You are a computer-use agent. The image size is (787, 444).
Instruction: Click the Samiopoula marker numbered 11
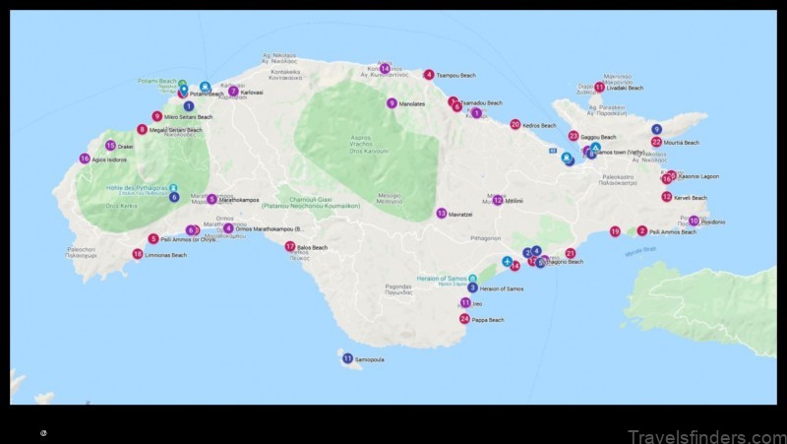pyautogui.click(x=347, y=358)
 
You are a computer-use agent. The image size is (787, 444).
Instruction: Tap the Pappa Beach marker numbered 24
pyautogui.click(x=464, y=319)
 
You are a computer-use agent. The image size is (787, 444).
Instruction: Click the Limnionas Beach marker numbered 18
pyautogui.click(x=138, y=254)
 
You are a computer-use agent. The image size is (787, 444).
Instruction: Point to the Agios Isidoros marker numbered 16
pyautogui.click(x=85, y=159)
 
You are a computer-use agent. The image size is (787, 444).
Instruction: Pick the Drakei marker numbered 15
pyautogui.click(x=110, y=146)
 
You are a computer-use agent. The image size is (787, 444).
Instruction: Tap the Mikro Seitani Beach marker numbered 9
pyautogui.click(x=156, y=116)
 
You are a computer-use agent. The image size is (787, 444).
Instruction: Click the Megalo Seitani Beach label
pyautogui.click(x=177, y=130)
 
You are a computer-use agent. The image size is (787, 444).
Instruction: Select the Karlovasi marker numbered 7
pyautogui.click(x=233, y=92)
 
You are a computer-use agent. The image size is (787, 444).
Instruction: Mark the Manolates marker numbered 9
pyautogui.click(x=392, y=103)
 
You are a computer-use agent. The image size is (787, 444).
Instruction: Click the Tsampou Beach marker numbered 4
pyautogui.click(x=429, y=74)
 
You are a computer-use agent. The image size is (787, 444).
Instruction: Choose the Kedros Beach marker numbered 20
pyautogui.click(x=515, y=124)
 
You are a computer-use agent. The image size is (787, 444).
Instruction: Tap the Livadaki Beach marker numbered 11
pyautogui.click(x=599, y=87)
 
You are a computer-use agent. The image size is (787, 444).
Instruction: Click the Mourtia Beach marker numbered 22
pyautogui.click(x=656, y=142)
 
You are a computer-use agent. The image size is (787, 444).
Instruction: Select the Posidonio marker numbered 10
pyautogui.click(x=694, y=222)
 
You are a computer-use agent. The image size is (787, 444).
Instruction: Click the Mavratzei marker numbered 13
pyautogui.click(x=442, y=213)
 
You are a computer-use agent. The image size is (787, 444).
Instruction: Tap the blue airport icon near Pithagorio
pyautogui.click(x=508, y=262)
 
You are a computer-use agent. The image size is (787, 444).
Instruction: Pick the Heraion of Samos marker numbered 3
pyautogui.click(x=472, y=287)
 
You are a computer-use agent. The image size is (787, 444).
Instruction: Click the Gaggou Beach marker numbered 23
pyautogui.click(x=574, y=136)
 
